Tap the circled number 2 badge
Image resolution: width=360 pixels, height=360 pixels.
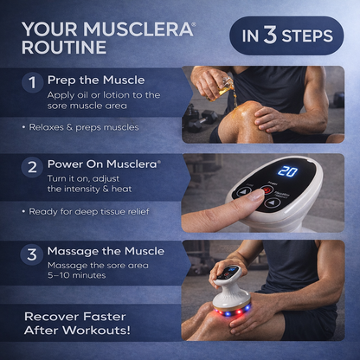[x=32, y=167]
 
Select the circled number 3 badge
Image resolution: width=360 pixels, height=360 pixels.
[x=32, y=255]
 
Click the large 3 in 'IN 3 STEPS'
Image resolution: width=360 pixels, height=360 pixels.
[x=270, y=35]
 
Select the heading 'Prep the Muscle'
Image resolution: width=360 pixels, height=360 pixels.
[x=97, y=80]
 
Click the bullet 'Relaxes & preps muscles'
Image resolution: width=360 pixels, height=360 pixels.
[x=83, y=127]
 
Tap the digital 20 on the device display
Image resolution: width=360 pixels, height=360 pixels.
[x=286, y=171]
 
